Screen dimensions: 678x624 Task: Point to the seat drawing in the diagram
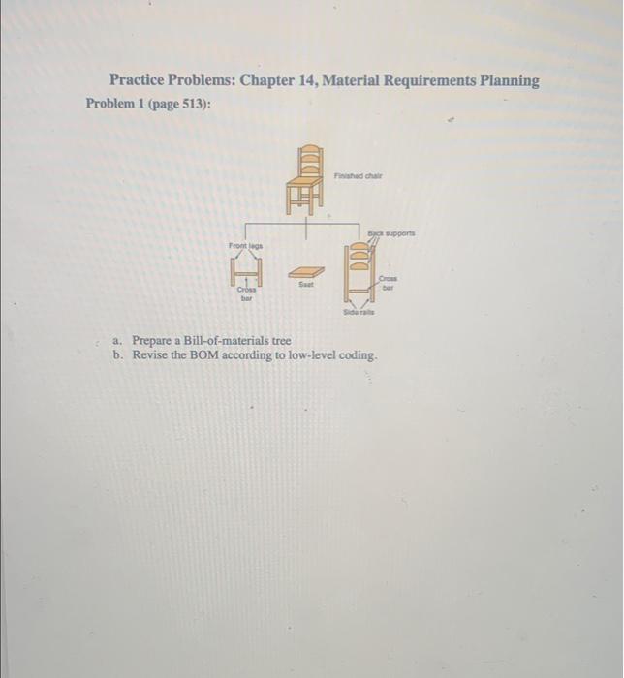(307, 271)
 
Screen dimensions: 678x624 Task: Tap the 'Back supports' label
(391, 234)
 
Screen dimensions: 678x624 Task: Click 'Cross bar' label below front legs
(247, 294)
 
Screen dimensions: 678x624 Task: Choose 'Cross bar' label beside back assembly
(390, 282)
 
